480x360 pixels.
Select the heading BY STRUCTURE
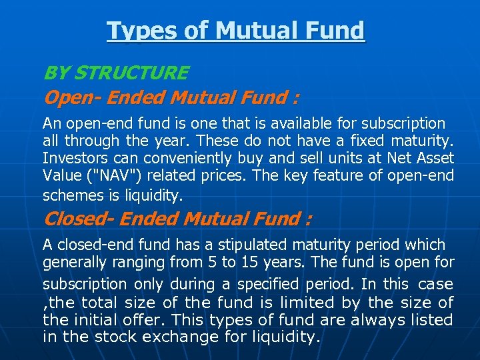pyautogui.click(x=115, y=73)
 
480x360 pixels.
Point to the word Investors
pyautogui.click(x=70, y=159)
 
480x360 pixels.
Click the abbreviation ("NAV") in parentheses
pyautogui.click(x=105, y=177)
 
